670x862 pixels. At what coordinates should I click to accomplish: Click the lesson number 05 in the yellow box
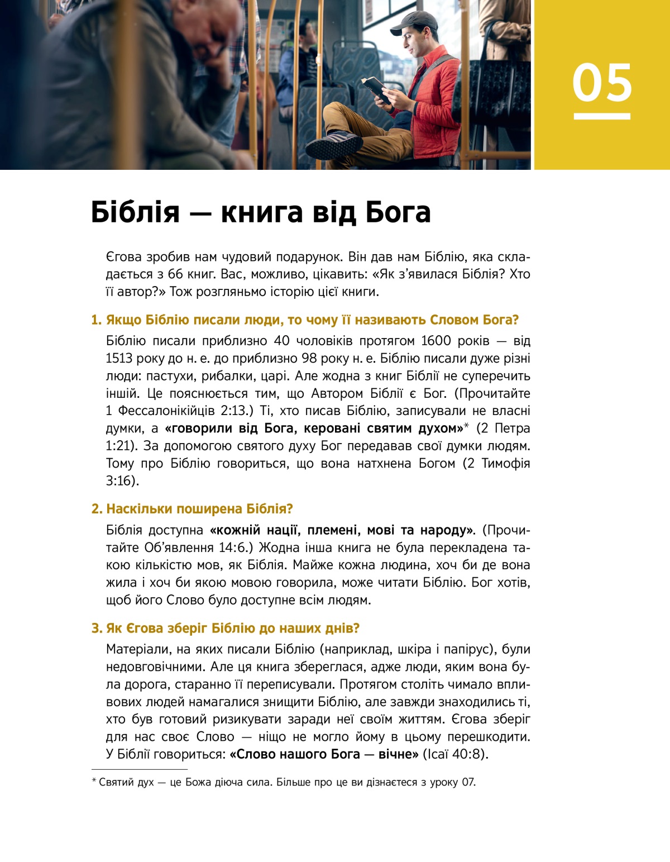(602, 83)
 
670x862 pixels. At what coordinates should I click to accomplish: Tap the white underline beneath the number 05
(602, 116)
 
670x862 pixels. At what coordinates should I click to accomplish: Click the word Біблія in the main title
(136, 212)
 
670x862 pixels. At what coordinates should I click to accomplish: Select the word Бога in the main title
(398, 212)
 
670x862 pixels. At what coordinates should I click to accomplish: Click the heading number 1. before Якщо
(97, 320)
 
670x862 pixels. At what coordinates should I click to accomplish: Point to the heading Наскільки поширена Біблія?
(199, 509)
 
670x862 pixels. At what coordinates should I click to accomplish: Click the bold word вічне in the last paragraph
(398, 754)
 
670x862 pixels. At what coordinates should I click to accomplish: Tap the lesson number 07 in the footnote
(468, 782)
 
